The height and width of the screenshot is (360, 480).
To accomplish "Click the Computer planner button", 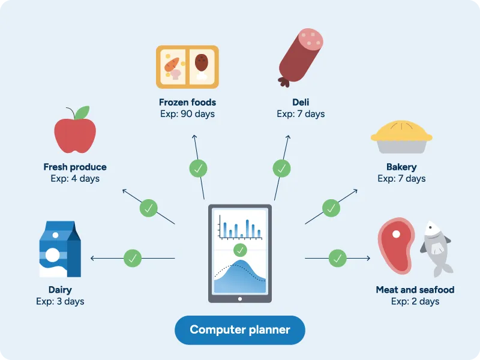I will click(240, 330).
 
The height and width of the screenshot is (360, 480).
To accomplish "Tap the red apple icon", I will click(74, 135).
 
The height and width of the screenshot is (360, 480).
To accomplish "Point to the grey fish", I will click(436, 246).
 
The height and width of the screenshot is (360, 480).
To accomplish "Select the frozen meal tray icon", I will click(187, 67).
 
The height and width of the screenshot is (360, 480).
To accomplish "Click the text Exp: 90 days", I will click(187, 114).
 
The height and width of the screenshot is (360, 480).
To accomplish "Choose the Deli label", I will click(301, 102).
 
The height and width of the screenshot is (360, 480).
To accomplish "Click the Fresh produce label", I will click(75, 167).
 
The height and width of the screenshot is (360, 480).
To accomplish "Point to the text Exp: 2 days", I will click(415, 301).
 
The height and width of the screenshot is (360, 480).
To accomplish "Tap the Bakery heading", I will click(401, 167).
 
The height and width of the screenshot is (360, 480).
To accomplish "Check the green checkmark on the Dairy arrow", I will click(133, 259).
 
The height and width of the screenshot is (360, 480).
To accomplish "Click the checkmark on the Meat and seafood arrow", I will click(338, 259).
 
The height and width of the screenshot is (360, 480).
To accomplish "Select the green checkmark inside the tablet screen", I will click(240, 250).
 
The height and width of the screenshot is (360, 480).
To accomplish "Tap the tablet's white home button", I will click(240, 298).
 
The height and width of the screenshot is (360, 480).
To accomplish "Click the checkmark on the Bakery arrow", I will click(331, 208).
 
